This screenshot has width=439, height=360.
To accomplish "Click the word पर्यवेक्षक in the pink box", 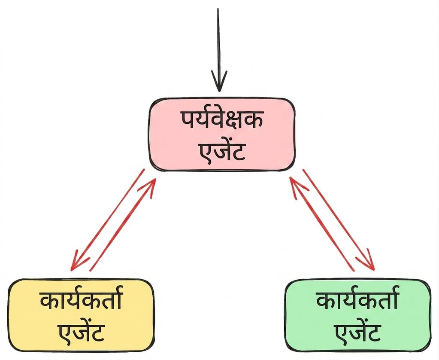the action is coord(221,121).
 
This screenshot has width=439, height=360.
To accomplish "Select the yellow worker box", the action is coord(81,315).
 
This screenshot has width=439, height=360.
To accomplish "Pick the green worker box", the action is coord(358,315).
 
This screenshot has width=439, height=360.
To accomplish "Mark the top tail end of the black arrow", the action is coord(218,9).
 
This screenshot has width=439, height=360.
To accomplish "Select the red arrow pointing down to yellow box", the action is coord(108,220).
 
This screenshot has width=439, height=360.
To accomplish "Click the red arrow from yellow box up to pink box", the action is coord(122,225).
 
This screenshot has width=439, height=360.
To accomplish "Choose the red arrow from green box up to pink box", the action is coord(322,224).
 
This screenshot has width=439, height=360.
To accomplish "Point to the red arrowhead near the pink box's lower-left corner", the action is coord(150,187).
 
